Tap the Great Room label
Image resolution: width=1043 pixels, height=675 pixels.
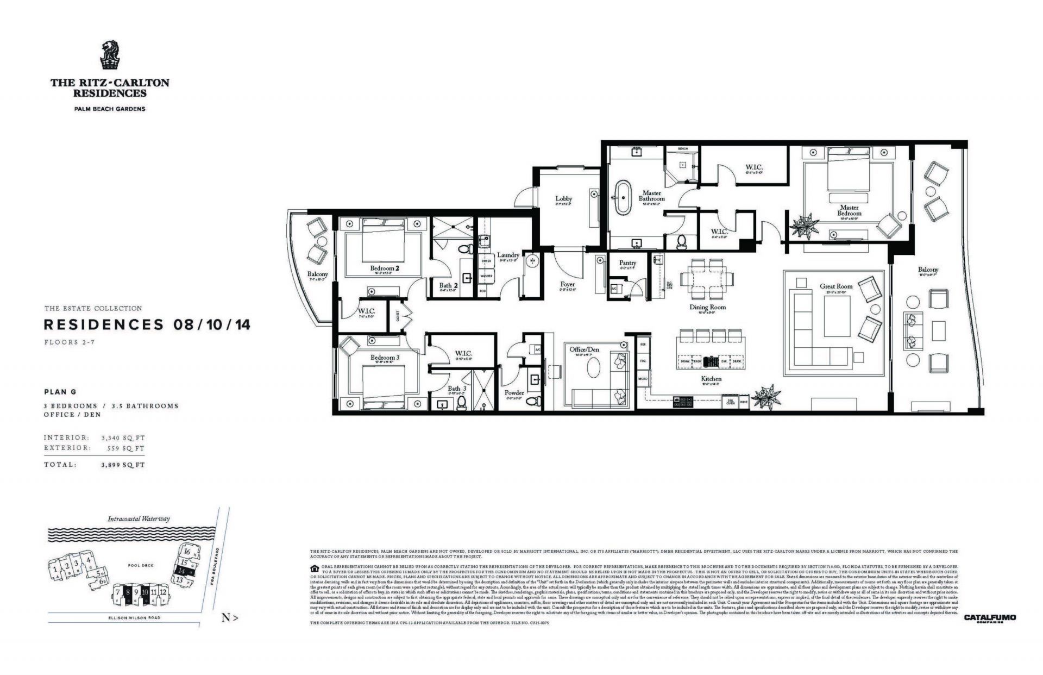[836, 286]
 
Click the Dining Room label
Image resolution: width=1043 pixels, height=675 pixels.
[708, 307]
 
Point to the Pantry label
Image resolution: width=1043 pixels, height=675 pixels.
[627, 262]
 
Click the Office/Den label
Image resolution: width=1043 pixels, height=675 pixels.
[584, 349]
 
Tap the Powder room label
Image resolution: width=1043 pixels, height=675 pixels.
[514, 392]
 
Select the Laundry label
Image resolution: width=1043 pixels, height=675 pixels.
[508, 255]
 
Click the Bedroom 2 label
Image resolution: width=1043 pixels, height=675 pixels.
[385, 268]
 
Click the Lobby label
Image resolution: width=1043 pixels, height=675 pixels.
[564, 198]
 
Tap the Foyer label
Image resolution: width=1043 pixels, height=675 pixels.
[567, 284]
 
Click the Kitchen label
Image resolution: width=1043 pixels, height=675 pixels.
[711, 379]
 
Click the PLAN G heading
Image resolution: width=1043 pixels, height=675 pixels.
[60, 392]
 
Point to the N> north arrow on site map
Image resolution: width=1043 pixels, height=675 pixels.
[230, 617]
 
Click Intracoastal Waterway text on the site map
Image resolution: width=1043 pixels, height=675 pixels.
[139, 518]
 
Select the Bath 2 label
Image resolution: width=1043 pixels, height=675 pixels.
[449, 285]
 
